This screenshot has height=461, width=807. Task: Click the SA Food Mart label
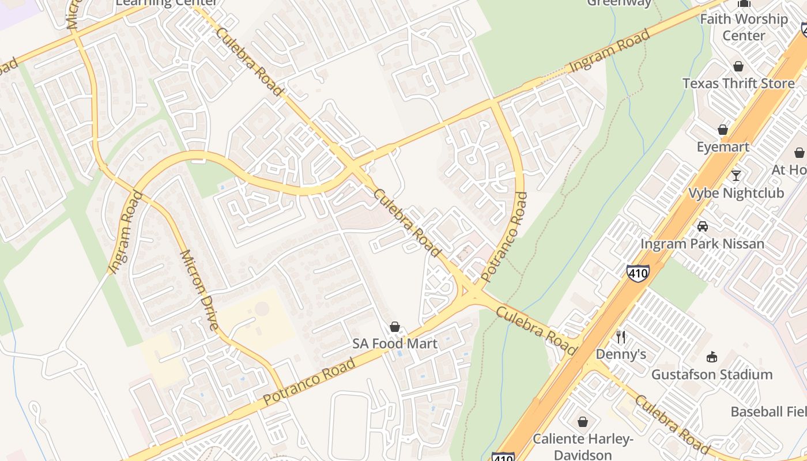[395, 344]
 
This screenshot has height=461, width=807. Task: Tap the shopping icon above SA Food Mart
[395, 327]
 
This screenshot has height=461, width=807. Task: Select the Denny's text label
[621, 354]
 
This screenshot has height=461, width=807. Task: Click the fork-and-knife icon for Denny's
[621, 337]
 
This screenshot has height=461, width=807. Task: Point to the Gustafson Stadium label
[712, 375]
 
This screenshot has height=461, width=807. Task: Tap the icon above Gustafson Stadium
[712, 357]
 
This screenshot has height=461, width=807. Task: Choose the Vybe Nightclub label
[736, 193]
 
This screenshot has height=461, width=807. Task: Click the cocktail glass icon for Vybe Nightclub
[736, 175]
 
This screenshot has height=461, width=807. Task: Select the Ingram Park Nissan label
[702, 244]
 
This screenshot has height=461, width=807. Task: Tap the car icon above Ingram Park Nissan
[702, 226]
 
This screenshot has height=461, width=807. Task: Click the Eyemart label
[723, 147]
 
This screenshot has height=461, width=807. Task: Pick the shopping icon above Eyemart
[723, 130]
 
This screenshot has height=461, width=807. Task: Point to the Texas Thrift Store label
[738, 84]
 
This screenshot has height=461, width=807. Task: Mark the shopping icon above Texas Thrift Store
[738, 66]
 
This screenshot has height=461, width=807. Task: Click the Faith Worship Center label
[744, 27]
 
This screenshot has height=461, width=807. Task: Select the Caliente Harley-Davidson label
[583, 447]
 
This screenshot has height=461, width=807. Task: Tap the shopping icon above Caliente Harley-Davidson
[583, 422]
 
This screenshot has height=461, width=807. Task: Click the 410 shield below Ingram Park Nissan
[638, 273]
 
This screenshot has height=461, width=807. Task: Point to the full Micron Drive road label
[199, 290]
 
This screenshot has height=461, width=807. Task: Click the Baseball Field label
[768, 412]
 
